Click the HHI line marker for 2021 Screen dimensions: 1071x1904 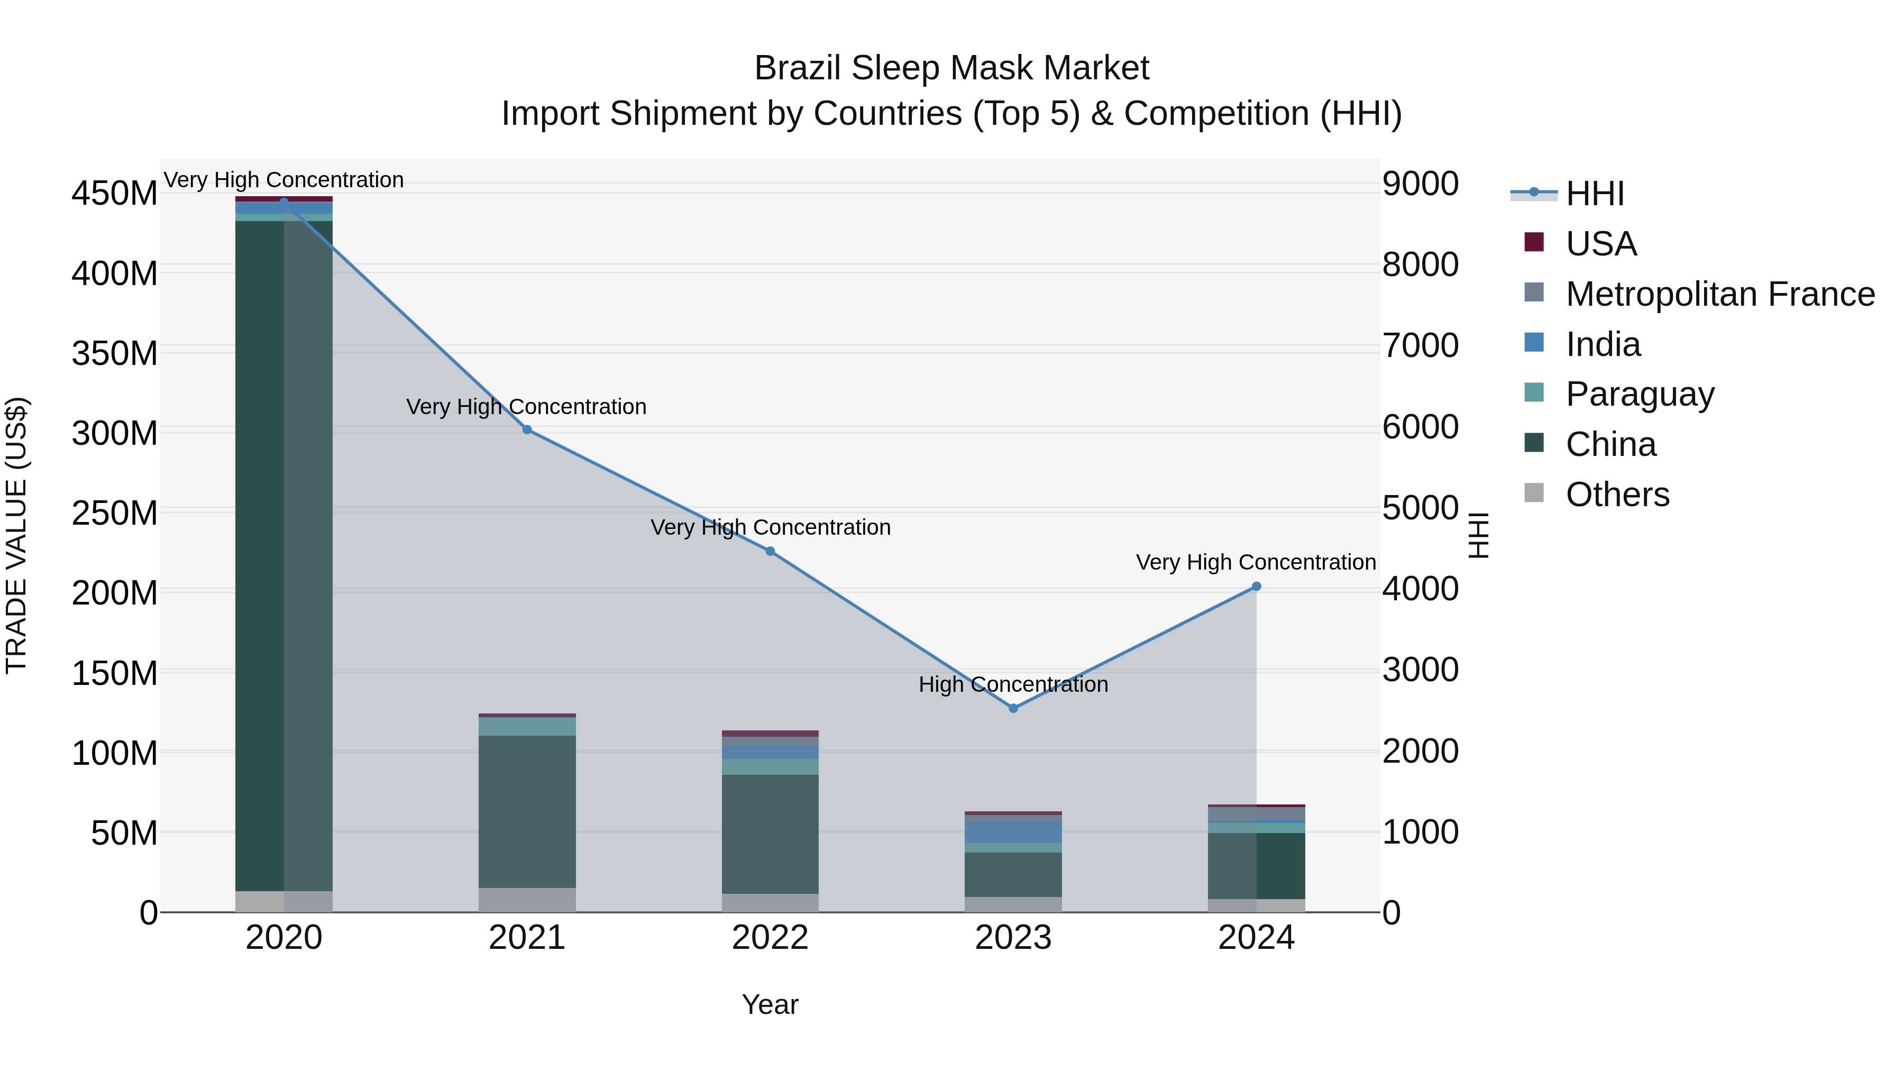(527, 429)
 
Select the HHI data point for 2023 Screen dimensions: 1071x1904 (1013, 708)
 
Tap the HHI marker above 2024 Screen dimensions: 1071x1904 (1257, 586)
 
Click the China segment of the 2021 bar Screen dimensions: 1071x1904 (527, 811)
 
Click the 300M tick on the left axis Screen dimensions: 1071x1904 (115, 433)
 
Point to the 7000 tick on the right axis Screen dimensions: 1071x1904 (1421, 346)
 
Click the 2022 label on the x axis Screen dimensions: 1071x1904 (770, 938)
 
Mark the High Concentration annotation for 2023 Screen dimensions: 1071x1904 (1013, 684)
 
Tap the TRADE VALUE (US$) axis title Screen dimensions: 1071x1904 (16, 535)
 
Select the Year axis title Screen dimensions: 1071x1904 (770, 1004)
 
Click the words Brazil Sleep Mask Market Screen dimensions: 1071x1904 (951, 68)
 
